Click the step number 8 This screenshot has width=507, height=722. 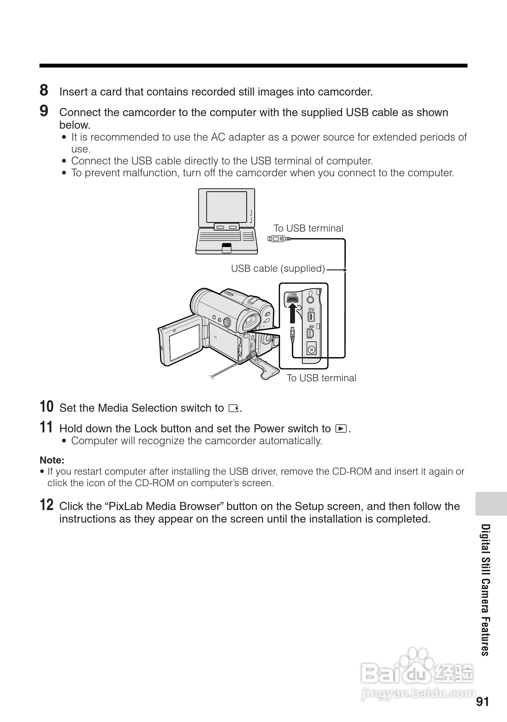click(x=44, y=90)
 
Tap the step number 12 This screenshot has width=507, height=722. click(x=46, y=505)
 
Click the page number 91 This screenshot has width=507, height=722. click(x=482, y=702)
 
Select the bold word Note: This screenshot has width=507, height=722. click(x=52, y=460)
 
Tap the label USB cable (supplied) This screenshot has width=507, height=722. click(x=278, y=269)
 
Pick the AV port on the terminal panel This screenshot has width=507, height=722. click(x=310, y=333)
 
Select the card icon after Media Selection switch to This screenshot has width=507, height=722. click(x=233, y=408)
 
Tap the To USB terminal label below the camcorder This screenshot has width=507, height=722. click(x=321, y=378)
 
